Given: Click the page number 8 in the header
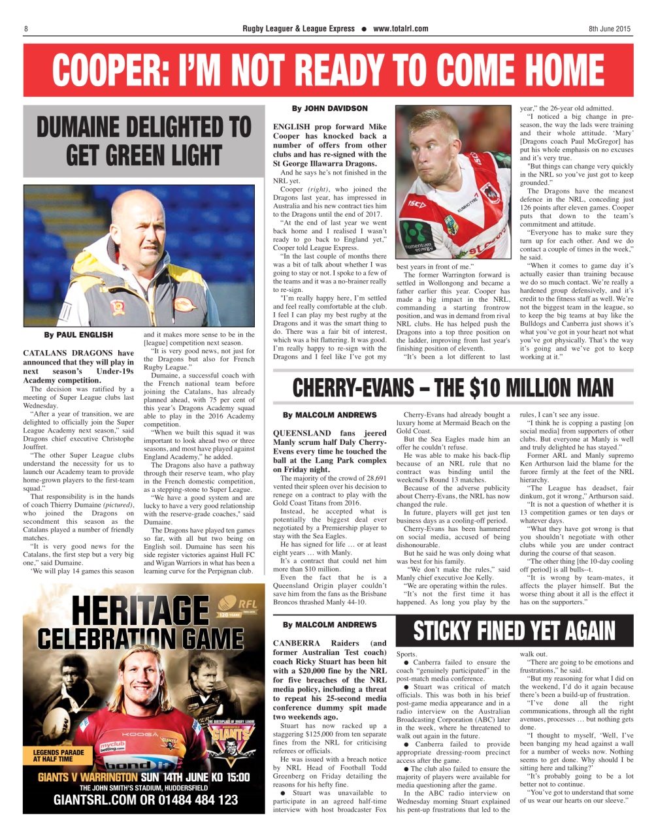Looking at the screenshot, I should pos(26,29).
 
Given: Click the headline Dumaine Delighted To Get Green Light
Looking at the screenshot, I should pos(143,141).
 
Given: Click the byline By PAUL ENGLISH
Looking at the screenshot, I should pos(78,334).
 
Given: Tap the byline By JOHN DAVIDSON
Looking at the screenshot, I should pos(329,108).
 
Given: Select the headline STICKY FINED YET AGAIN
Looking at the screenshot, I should pos(514,630).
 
